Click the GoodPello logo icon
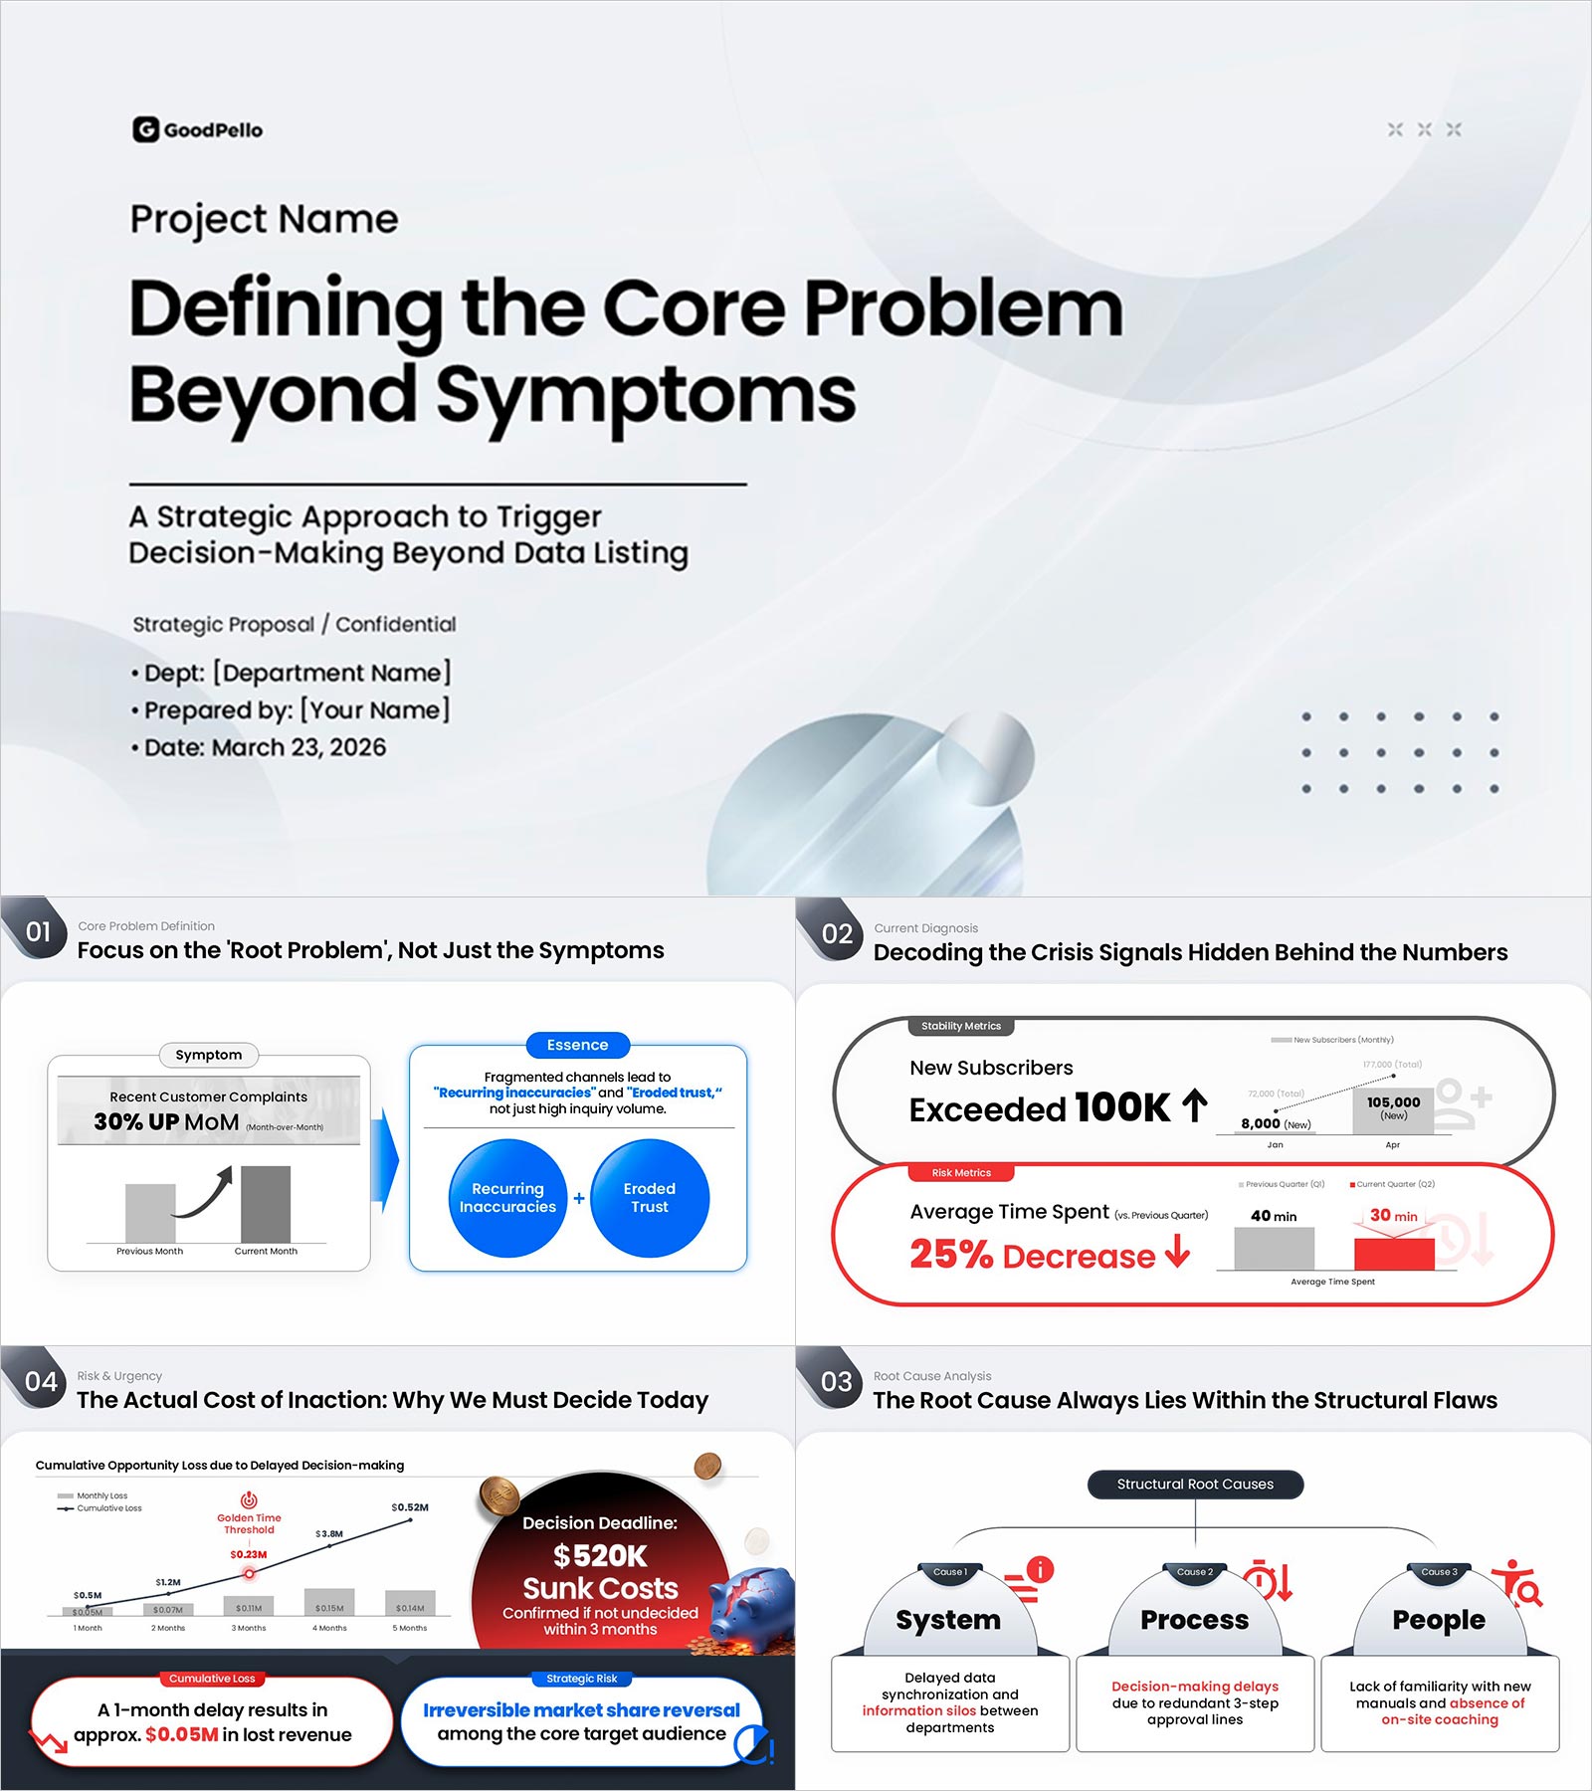[x=145, y=129]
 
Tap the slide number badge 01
[x=38, y=931]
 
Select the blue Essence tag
[x=577, y=1045]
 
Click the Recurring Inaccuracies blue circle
[x=507, y=1198]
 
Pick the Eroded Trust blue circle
[x=650, y=1198]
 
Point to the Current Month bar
[x=266, y=1204]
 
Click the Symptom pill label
[x=208, y=1055]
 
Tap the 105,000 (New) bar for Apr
[x=1393, y=1110]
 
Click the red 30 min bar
[x=1394, y=1254]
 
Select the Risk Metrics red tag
[x=961, y=1173]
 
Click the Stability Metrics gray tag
[x=960, y=1026]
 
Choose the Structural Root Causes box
[x=1195, y=1484]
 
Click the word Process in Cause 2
[x=1194, y=1620]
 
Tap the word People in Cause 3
[x=1439, y=1620]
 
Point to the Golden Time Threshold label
[x=249, y=1523]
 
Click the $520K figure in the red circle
[x=600, y=1555]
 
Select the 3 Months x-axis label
[x=249, y=1628]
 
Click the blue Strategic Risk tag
[x=581, y=1679]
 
